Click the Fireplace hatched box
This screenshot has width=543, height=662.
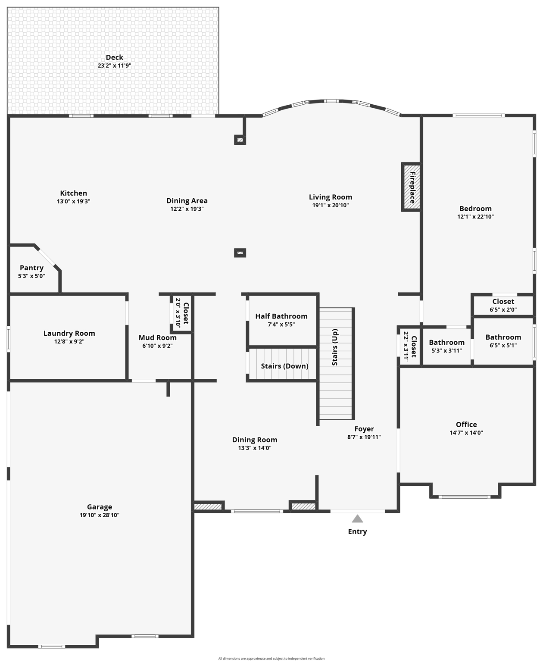(411, 187)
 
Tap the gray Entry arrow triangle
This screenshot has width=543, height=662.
(357, 518)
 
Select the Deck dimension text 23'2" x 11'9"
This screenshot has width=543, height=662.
(114, 66)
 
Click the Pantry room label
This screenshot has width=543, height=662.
(31, 268)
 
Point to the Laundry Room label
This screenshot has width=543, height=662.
(69, 333)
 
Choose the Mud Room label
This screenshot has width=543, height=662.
(157, 337)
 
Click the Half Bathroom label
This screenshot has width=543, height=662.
(281, 316)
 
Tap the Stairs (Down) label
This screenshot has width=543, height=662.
(284, 366)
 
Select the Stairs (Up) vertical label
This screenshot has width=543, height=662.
(335, 347)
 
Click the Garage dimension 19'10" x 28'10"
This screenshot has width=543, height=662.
(99, 515)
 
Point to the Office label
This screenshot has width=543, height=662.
(466, 425)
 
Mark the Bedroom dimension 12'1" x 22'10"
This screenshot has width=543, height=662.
(475, 217)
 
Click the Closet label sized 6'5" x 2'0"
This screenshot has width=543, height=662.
(503, 301)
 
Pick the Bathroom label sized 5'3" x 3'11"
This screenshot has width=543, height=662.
(446, 343)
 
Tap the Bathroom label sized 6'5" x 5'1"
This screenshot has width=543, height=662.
(503, 337)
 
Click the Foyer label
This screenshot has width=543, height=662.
(364, 429)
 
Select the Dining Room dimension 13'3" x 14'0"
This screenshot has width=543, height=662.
(255, 448)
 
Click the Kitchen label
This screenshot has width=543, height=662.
(73, 193)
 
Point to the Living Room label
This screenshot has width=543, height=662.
(330, 197)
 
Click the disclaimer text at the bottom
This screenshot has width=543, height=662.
(271, 659)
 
